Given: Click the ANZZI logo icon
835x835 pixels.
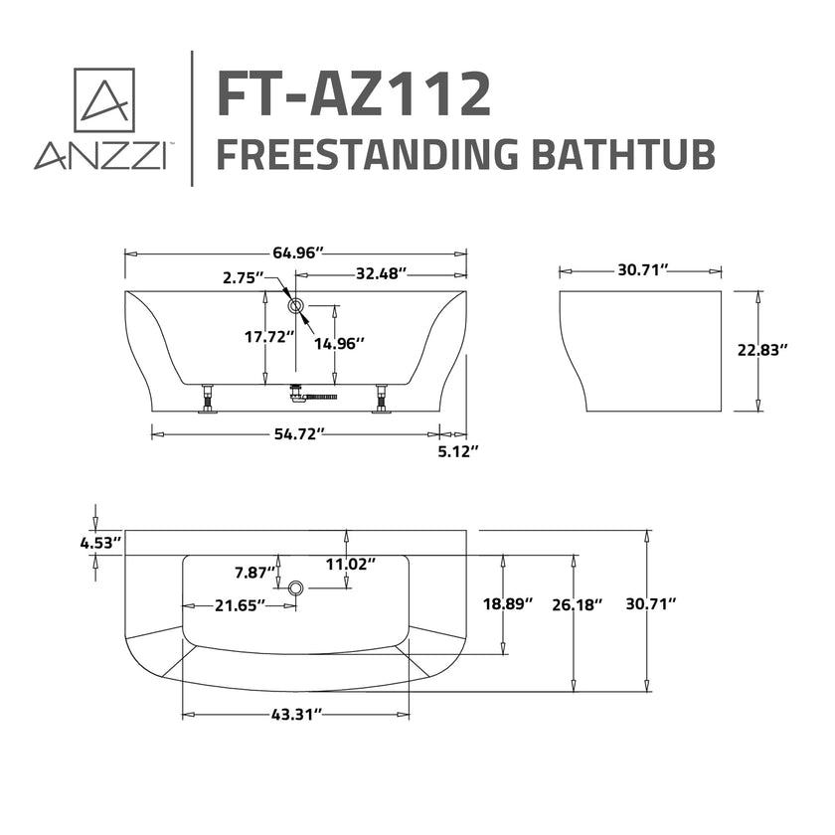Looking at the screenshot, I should tap(104, 98).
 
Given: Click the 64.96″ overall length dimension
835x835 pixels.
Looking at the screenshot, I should tap(295, 253).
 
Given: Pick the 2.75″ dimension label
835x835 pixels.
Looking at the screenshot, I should tap(244, 277).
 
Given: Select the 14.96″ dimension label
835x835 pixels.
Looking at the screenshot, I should tap(339, 343).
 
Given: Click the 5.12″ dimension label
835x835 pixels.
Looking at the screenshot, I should tap(458, 451).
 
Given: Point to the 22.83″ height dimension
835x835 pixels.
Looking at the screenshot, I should tap(762, 349).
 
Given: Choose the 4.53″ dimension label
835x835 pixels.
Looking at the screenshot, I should tap(100, 542).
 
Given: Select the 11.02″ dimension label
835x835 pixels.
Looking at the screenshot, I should tap(350, 565).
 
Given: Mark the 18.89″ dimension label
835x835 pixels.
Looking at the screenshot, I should tap(508, 603).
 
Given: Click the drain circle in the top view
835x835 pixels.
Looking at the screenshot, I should tap(294, 589).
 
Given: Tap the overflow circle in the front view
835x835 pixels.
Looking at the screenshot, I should tap(293, 305).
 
